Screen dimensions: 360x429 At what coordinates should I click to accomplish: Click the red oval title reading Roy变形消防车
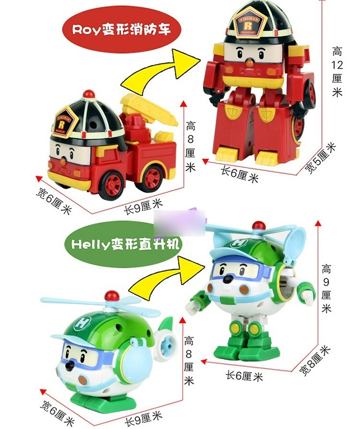122,30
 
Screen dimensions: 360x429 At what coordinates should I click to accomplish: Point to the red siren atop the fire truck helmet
89,93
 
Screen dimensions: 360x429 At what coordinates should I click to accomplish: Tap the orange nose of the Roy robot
249,63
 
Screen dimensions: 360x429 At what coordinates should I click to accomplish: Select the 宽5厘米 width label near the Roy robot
320,159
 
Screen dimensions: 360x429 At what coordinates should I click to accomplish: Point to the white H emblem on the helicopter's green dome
83,323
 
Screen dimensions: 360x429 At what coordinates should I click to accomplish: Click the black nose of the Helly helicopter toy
71,365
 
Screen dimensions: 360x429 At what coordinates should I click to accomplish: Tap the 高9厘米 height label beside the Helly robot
326,288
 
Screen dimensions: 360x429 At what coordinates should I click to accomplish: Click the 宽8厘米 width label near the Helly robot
315,361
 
